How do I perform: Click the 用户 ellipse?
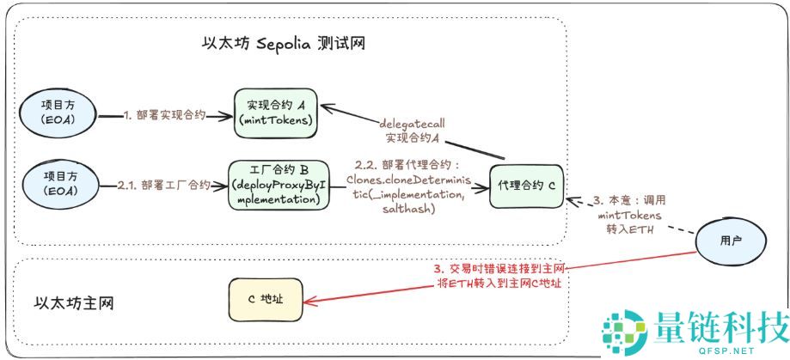coord(730,241)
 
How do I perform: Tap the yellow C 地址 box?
coord(266,299)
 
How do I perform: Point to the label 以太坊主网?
coord(74,302)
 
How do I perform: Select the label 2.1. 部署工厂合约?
coord(164,184)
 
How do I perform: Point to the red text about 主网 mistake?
coord(498,276)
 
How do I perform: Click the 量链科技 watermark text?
coord(720,329)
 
